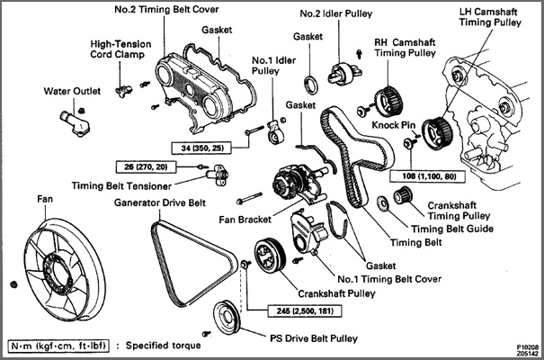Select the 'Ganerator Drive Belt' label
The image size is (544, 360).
click(165, 202)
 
